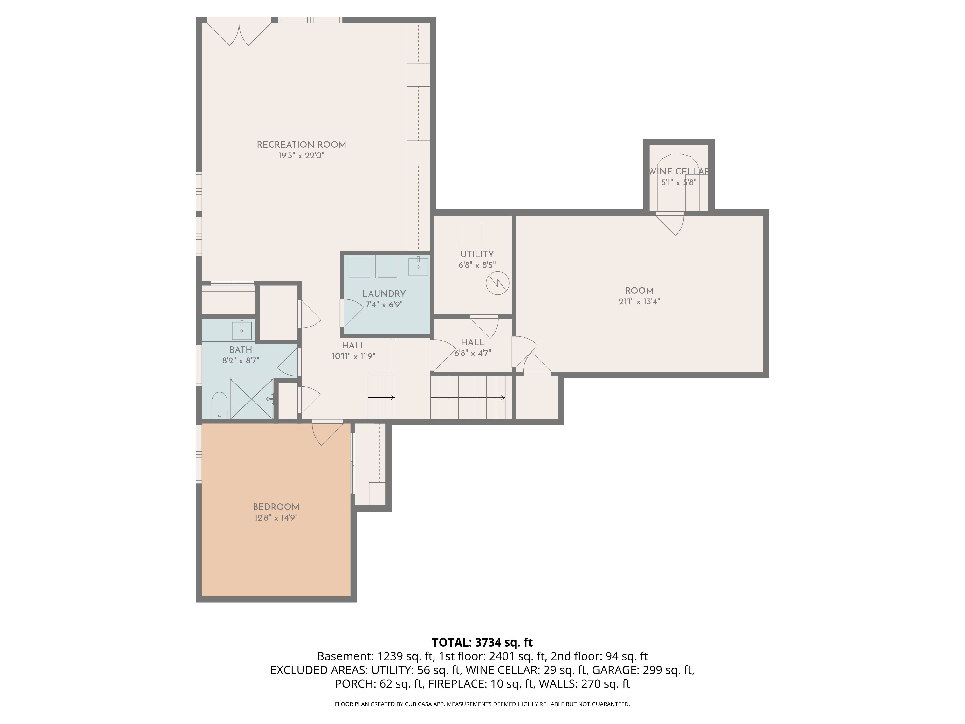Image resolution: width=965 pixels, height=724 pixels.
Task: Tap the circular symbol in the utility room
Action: tap(497, 283)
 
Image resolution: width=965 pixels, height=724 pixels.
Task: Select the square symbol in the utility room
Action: tap(470, 234)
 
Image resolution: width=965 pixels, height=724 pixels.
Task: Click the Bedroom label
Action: tap(276, 507)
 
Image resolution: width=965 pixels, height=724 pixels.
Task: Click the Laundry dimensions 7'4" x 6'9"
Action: tap(384, 305)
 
